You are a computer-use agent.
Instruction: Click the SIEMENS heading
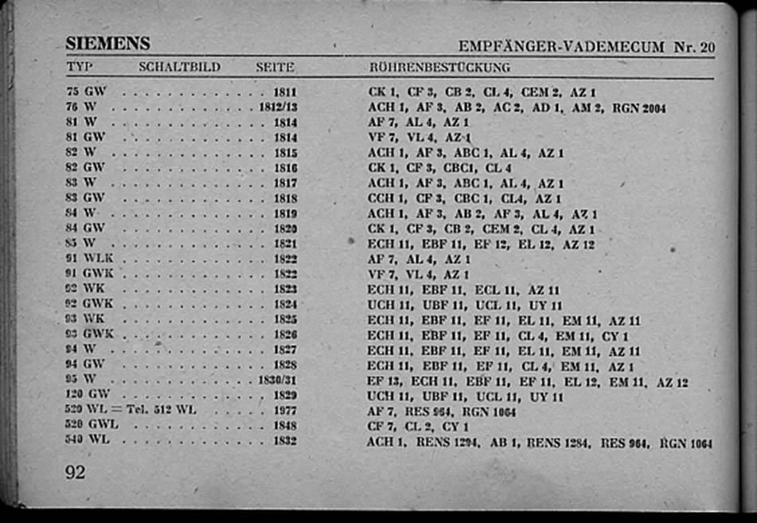pos(107,43)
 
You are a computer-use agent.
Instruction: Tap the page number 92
pos(76,472)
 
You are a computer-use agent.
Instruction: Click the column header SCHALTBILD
pos(179,67)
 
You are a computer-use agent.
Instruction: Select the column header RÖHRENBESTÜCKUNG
pos(439,68)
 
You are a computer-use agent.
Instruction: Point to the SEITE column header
pos(275,68)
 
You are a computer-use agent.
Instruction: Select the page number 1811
pos(285,92)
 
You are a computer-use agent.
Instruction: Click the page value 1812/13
pos(279,107)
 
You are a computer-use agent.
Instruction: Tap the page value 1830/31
pos(279,380)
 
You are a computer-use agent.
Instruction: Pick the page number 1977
pos(285,411)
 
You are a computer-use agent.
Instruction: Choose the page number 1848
pos(285,426)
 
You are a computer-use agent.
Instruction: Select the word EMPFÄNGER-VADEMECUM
pos(561,47)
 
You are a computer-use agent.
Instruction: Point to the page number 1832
pos(285,440)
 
